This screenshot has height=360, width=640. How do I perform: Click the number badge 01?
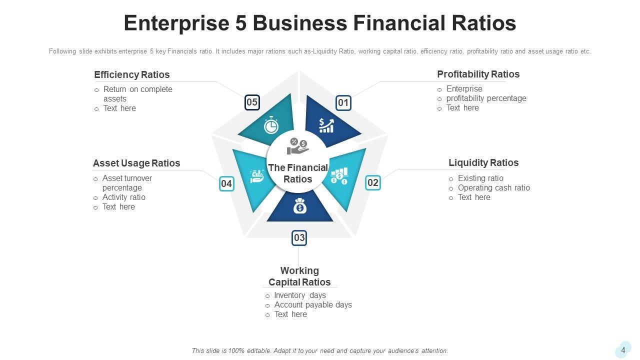(x=343, y=103)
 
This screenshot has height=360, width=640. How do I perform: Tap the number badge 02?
(x=373, y=183)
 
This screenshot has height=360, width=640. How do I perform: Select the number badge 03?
(x=299, y=238)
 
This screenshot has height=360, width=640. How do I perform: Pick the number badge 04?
(x=226, y=184)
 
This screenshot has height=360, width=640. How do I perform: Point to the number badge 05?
(x=252, y=103)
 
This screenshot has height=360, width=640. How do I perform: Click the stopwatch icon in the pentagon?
(x=271, y=125)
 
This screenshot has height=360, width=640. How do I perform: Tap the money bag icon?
(x=299, y=205)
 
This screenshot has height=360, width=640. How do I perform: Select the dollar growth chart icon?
(x=326, y=125)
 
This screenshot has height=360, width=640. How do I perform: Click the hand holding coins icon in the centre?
(x=298, y=146)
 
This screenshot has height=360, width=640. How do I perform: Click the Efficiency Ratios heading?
(x=132, y=75)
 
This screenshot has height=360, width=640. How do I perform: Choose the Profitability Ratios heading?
(x=478, y=74)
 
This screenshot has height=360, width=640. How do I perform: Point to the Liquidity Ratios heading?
(x=483, y=163)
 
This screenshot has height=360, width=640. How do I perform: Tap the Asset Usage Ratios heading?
(x=136, y=163)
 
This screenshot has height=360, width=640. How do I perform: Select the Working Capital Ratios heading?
(x=299, y=276)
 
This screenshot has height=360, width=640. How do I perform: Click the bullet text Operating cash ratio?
(x=493, y=188)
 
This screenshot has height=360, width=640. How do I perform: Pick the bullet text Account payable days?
(x=313, y=305)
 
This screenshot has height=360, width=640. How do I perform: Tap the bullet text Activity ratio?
(x=124, y=197)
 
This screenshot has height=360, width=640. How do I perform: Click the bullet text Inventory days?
(x=300, y=295)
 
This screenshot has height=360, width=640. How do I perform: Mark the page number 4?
(x=623, y=350)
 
